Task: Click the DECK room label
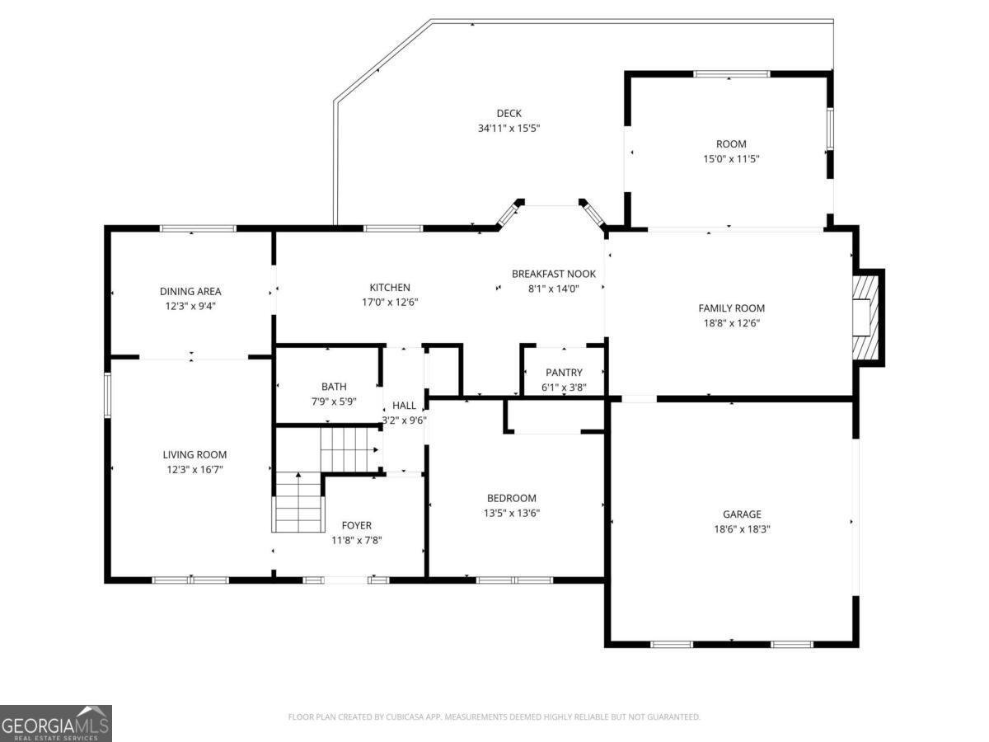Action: pos(509,114)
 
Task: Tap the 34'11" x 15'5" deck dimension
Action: pos(509,129)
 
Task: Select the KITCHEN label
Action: pos(390,288)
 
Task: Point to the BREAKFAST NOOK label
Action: pos(553,274)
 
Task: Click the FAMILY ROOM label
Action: pos(725,308)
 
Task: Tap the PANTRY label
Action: pos(564,373)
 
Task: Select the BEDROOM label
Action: pos(511,498)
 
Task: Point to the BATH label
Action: pos(334,387)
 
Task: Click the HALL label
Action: pos(404,406)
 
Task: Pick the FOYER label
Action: pos(356,525)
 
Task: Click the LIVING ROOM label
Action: pos(195,454)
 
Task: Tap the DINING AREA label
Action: pos(190,291)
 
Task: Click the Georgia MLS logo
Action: pos(56,723)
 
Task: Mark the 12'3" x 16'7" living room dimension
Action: pos(195,469)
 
